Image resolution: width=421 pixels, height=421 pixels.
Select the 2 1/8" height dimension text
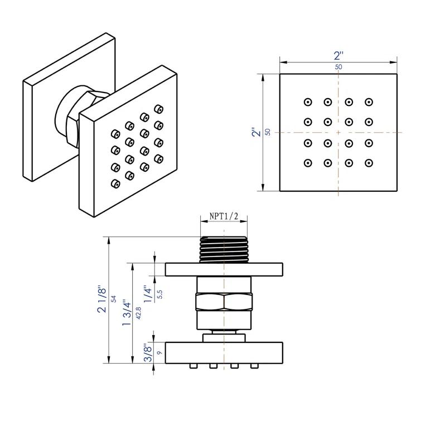coord(101,299)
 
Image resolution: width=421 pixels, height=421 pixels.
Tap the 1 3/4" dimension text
coord(127,313)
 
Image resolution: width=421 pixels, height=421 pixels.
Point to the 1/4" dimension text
coord(147,293)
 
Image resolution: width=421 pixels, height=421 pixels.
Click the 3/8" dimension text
coord(147,352)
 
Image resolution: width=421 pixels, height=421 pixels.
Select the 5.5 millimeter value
coord(159,294)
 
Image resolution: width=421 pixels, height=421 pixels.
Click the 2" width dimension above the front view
coord(338,56)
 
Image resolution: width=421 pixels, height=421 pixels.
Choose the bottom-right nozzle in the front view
coord(369,163)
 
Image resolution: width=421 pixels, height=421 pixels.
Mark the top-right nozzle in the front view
coord(369,101)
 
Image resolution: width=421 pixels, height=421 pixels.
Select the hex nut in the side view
coord(224,303)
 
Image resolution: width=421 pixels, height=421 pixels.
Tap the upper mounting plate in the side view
coord(224,269)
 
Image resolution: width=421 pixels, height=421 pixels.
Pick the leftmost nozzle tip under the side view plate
coord(193,366)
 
